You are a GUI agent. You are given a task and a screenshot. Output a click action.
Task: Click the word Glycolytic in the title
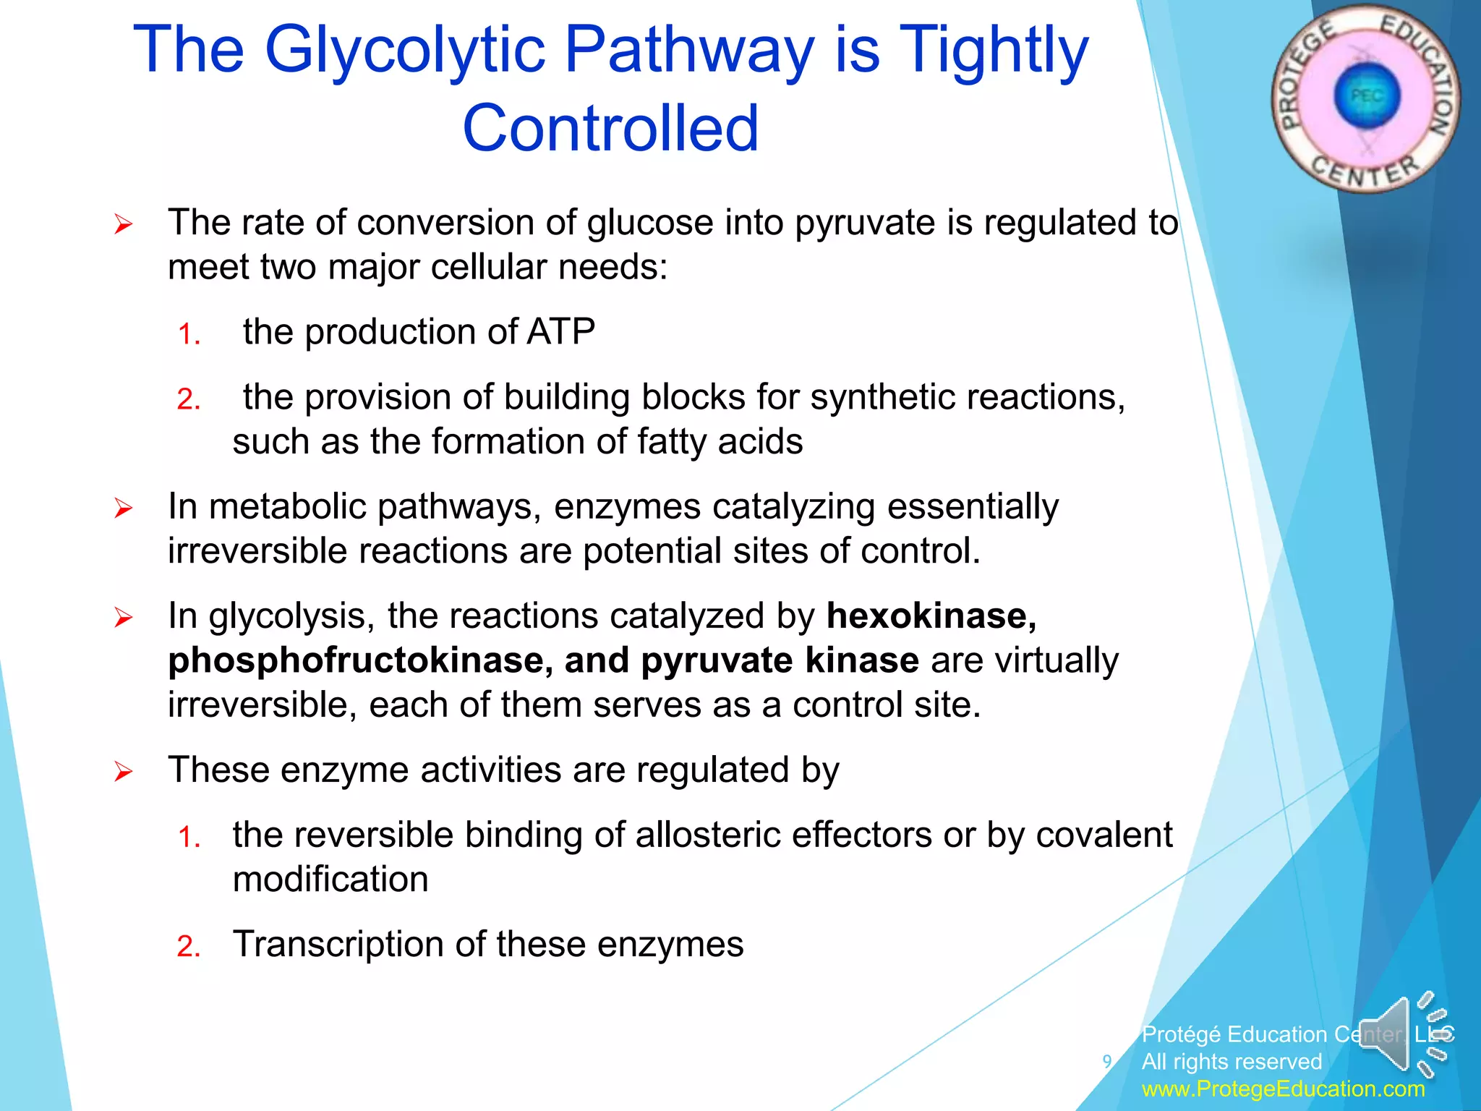point(404,51)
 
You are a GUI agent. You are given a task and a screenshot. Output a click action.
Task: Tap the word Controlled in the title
point(611,129)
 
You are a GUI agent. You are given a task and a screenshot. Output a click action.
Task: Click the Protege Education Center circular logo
point(1365,98)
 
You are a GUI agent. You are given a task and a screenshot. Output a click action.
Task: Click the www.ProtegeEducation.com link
point(1283,1089)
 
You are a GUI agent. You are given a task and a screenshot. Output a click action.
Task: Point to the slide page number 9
point(1106,1061)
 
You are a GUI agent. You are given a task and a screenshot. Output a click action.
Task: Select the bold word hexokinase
point(931,616)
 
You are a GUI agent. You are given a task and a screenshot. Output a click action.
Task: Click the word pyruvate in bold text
point(717,660)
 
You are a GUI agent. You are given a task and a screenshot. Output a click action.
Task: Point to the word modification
point(330,880)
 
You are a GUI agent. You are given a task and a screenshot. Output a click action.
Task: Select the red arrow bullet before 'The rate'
point(124,224)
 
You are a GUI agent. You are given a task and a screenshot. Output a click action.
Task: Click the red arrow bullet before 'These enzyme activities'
point(124,772)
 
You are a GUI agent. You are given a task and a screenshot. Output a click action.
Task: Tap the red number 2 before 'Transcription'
point(188,947)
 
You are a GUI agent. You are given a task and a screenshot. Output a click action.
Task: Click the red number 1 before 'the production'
point(188,335)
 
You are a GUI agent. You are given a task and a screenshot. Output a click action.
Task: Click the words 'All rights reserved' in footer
point(1232,1062)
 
